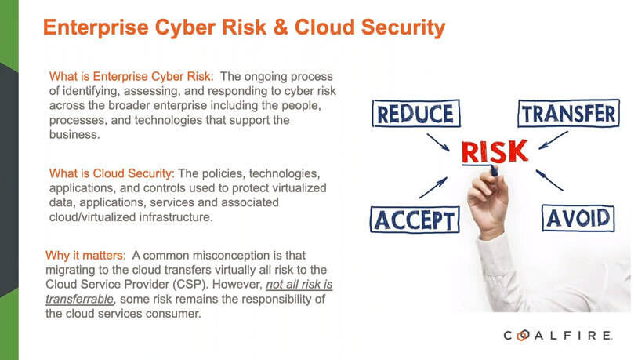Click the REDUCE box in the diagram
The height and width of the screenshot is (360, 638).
[414, 114]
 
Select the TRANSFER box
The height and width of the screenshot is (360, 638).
[568, 113]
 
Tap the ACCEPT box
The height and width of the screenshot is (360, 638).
[412, 219]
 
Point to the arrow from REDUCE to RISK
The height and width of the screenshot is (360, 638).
[437, 141]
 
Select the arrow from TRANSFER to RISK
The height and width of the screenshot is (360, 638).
[554, 141]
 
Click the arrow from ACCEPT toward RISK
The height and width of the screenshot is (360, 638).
[433, 187]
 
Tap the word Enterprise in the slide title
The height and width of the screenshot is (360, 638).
[92, 28]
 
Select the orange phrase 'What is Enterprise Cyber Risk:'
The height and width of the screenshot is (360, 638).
[132, 77]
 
